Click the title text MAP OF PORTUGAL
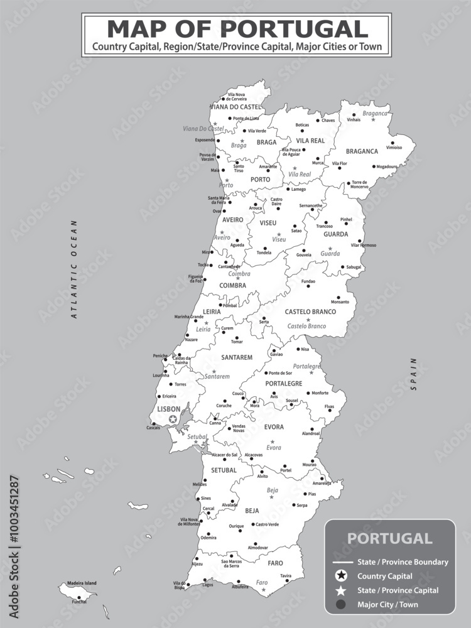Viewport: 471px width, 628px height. pos(237,29)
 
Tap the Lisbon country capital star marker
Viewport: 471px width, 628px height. pos(173,418)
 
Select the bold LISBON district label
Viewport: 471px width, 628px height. pos(168,409)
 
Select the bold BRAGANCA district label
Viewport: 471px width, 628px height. pos(362,151)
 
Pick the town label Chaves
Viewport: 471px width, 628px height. pos(328,121)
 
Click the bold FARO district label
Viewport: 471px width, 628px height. pos(275,563)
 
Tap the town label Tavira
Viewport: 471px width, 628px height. pos(286,575)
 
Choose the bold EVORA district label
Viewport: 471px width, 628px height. pos(274,427)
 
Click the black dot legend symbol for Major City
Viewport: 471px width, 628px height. pos(340,604)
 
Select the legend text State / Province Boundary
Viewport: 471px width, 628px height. pos(403,562)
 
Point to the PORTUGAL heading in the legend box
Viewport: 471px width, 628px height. pos(389,538)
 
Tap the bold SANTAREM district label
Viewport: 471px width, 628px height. pos(237,357)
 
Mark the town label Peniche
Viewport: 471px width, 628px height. pos(160,355)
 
